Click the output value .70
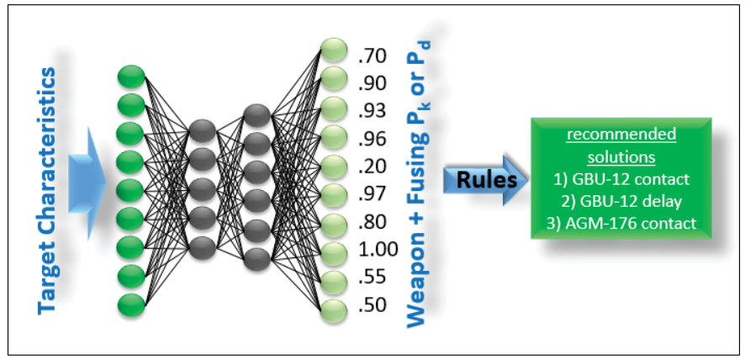(x=371, y=56)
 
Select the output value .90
(x=371, y=83)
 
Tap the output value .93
(x=371, y=110)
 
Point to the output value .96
(x=371, y=138)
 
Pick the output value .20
(x=371, y=166)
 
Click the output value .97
(x=371, y=193)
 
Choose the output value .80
(x=371, y=222)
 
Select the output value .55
(x=371, y=278)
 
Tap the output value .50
(x=371, y=304)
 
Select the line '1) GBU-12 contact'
(x=621, y=178)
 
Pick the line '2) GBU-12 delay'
(x=621, y=201)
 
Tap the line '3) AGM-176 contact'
(x=621, y=224)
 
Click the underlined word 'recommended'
(x=621, y=135)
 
